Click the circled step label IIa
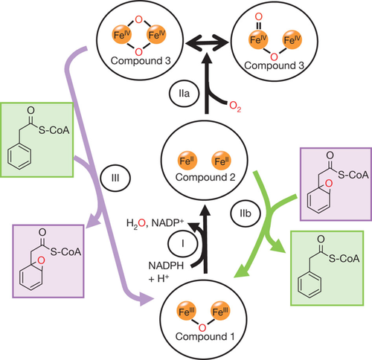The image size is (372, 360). tap(184, 94)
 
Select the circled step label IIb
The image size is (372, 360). tap(246, 213)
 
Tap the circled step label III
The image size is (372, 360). tap(115, 178)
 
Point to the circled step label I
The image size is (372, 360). tap(183, 244)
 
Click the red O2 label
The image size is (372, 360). tap(235, 106)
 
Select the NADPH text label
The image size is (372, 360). tap(166, 266)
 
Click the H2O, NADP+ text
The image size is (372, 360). tap(155, 223)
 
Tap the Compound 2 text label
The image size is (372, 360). tap(205, 177)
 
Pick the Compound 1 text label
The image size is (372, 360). tap(205, 336)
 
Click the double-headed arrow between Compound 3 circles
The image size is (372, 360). tap(207, 43)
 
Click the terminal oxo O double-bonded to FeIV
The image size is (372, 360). tap(259, 17)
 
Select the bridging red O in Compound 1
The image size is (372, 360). tap(202, 328)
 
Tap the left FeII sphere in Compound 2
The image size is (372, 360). tap(187, 161)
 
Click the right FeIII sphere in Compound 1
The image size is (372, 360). tap(220, 311)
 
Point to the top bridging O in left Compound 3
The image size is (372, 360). tap(139, 19)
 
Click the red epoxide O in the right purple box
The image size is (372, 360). tap(329, 184)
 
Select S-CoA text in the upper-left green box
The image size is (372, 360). tap(54, 130)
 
